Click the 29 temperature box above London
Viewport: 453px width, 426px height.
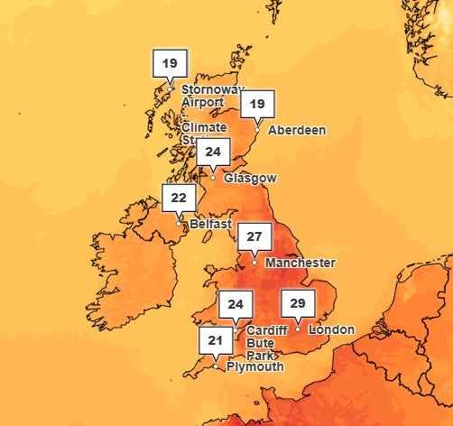point(297,303)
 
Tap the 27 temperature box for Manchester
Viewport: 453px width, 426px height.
point(254,237)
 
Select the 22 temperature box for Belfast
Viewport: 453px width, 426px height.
point(179,197)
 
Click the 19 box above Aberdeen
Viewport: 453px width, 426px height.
point(257,105)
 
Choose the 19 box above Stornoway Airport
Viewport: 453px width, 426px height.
point(171,63)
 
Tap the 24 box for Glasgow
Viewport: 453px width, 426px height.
point(213,152)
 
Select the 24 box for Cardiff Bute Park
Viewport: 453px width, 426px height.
point(236,304)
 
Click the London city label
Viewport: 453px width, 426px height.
point(331,329)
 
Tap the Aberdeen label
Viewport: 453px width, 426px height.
point(297,130)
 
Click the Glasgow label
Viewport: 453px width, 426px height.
point(250,179)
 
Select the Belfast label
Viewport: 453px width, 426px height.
point(210,224)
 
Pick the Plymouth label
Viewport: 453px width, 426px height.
point(254,366)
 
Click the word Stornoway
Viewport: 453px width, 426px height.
point(213,89)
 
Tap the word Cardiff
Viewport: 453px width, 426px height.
point(265,330)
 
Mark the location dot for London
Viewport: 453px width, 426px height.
point(298,329)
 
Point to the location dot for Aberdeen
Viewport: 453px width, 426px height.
point(257,130)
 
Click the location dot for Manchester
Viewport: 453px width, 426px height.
point(254,263)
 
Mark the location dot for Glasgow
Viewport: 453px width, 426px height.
point(214,177)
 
